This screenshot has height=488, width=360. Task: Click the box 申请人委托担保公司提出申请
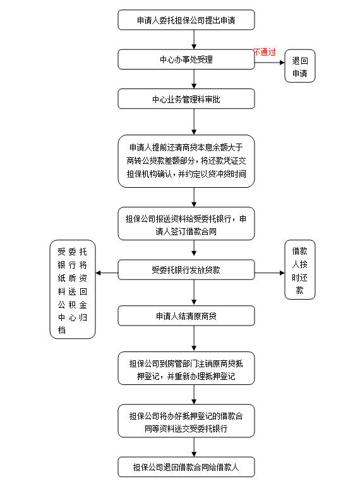pos(186,20)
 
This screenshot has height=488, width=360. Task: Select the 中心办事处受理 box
pos(186,59)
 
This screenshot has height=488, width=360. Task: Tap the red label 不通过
pos(265,52)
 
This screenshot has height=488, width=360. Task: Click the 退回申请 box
pos(299,66)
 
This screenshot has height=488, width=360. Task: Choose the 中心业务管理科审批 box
pos(186,99)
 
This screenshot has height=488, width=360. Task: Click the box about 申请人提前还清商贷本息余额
pos(186,161)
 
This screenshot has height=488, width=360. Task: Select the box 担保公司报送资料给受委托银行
pos(186,224)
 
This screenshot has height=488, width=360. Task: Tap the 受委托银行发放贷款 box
pos(186,270)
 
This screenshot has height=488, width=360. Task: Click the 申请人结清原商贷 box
pos(186,315)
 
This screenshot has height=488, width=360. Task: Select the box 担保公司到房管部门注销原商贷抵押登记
pos(186,369)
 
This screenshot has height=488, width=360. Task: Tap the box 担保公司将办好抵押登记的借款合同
pos(186,421)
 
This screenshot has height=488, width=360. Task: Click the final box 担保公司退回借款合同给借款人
pos(186,467)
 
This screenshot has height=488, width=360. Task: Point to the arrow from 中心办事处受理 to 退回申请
pos(269,59)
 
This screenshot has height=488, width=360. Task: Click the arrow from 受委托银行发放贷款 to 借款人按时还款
pos(269,273)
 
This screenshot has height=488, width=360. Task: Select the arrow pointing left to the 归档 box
pos(107,273)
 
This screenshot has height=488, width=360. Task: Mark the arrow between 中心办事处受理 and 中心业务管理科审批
pos(194,79)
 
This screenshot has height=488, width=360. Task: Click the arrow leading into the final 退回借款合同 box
pos(194,448)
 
